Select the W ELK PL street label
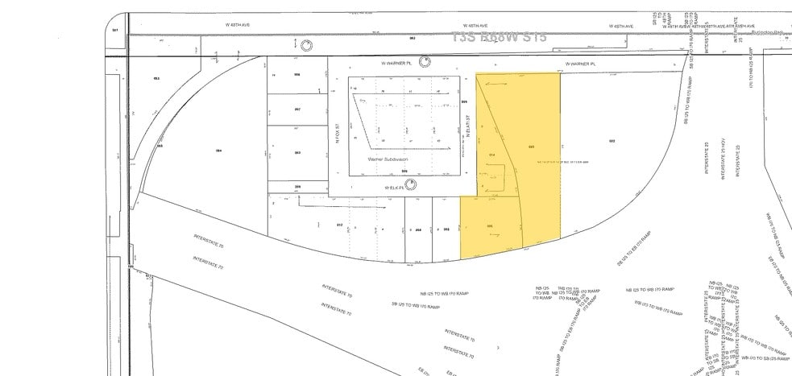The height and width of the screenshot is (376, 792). pyautogui.click(x=392, y=184)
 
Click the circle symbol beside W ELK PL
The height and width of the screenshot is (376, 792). pyautogui.click(x=412, y=184)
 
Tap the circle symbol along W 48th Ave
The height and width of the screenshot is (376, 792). pyautogui.click(x=306, y=43)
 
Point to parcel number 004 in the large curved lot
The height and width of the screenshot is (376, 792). pyautogui.click(x=218, y=151)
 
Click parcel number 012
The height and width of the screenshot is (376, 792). pyautogui.click(x=339, y=225)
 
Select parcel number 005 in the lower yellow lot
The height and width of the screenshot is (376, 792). pyautogui.click(x=491, y=226)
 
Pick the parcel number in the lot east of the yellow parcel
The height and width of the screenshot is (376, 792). pyautogui.click(x=612, y=142)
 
